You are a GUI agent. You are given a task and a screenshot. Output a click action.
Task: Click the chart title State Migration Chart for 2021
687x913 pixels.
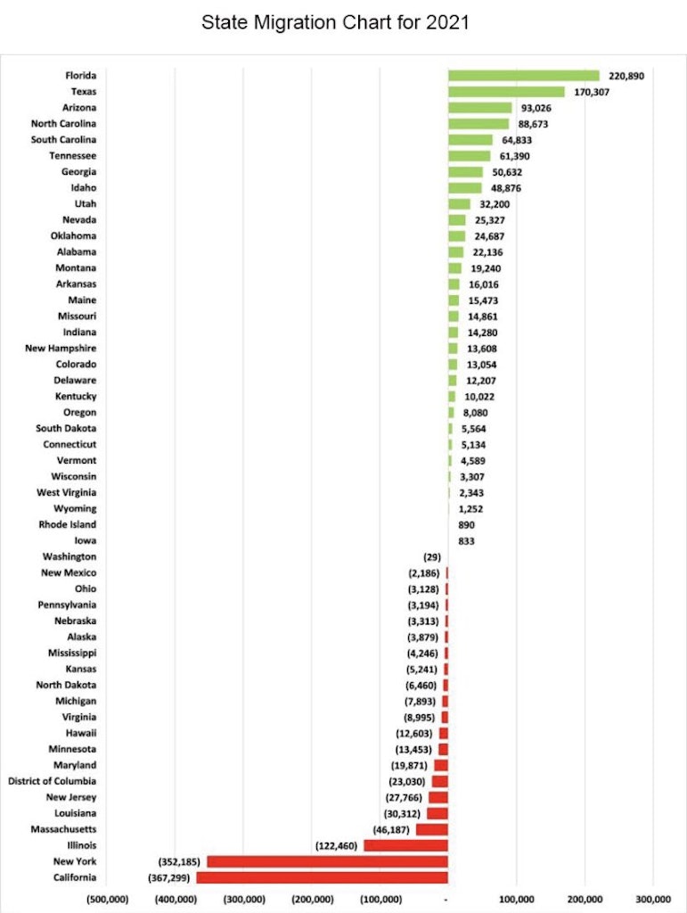point(335,22)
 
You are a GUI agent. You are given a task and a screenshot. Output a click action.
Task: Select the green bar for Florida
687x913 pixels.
point(523,76)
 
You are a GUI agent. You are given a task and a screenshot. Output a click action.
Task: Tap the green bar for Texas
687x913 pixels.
point(506,92)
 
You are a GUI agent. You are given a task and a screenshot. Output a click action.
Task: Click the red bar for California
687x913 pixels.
point(322,878)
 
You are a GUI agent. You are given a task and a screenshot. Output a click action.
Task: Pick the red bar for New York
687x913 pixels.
point(327,862)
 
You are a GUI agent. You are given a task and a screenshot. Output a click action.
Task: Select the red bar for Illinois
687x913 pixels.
point(405,845)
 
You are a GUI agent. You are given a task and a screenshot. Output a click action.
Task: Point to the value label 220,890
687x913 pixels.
point(626,76)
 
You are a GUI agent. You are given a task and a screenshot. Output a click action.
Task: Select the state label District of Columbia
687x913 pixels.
point(52,781)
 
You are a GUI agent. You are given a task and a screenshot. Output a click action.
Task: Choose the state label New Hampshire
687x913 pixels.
point(61,349)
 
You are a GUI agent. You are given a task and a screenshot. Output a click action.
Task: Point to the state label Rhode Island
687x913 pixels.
point(68,525)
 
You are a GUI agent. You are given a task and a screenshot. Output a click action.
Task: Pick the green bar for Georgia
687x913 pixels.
point(465,172)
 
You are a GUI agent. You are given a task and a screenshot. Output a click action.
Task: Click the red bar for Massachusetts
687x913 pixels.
point(431,829)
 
